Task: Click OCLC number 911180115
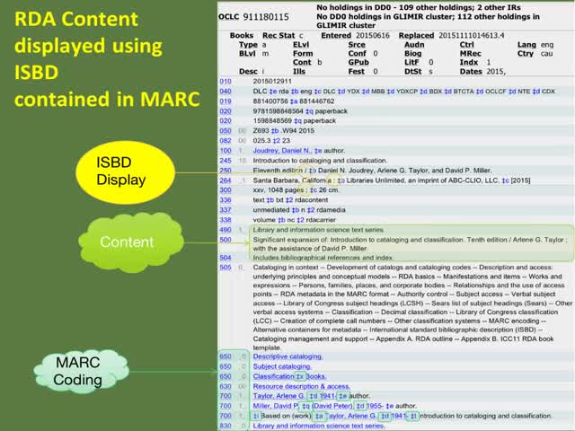point(267,17)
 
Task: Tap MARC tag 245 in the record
point(225,159)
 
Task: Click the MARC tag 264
point(225,180)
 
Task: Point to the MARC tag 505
point(225,267)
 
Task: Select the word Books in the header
point(242,35)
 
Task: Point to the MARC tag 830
point(225,425)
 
